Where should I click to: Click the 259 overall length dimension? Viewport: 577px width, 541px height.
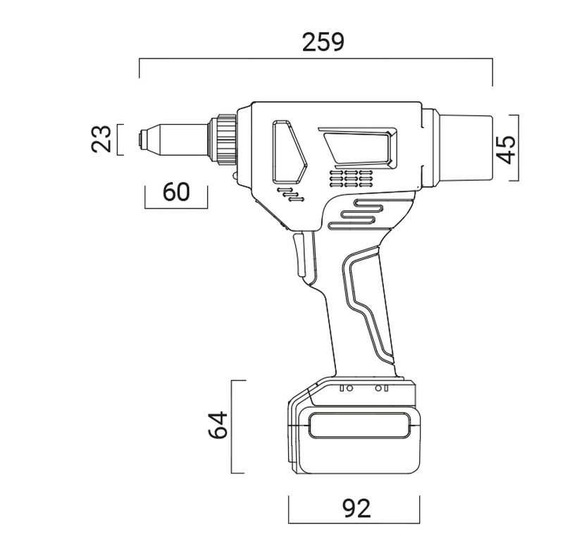[x=323, y=42]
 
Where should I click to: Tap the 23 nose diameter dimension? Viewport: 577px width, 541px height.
[x=101, y=139]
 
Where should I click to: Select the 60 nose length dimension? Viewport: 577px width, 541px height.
[x=176, y=192]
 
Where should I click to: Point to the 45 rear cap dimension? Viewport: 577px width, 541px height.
[x=506, y=149]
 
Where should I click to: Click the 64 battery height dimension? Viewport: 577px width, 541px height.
[x=218, y=425]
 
